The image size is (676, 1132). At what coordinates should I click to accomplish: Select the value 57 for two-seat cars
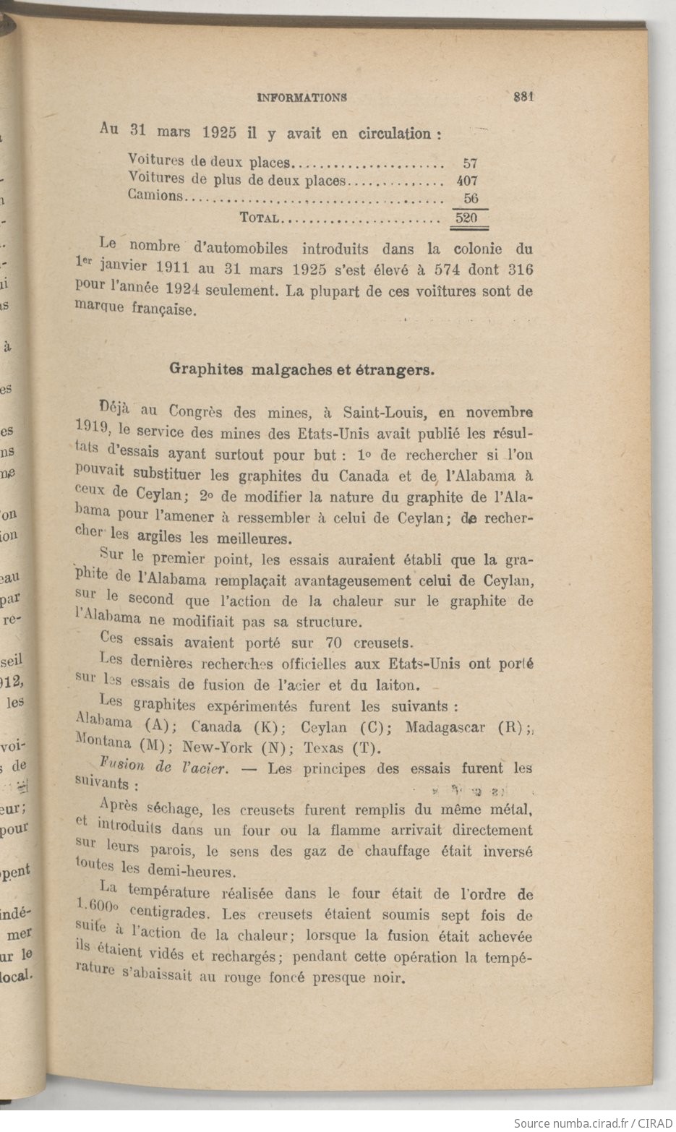[470, 163]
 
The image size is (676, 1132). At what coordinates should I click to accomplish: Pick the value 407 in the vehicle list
[467, 181]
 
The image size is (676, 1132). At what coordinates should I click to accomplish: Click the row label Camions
[155, 196]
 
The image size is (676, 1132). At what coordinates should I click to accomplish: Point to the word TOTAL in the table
[260, 217]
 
